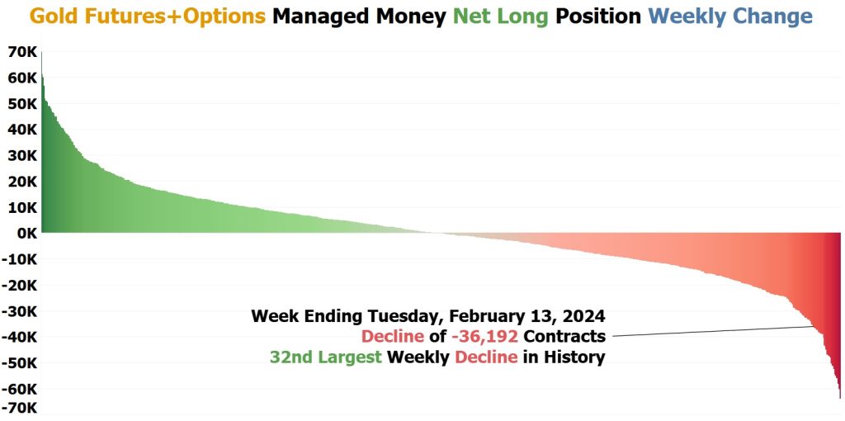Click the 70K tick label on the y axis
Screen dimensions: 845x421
[x=22, y=52]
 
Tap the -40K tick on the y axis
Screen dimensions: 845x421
[x=20, y=337]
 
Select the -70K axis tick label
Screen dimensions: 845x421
[x=20, y=408]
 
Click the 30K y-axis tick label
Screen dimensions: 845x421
[x=22, y=156]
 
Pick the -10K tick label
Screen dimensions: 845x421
[x=20, y=259]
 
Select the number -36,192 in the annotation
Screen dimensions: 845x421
[x=485, y=336]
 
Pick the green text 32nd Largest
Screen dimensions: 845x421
[x=326, y=357]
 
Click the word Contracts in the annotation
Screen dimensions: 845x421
[x=564, y=336]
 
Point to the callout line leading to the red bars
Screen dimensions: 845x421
[x=713, y=331]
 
